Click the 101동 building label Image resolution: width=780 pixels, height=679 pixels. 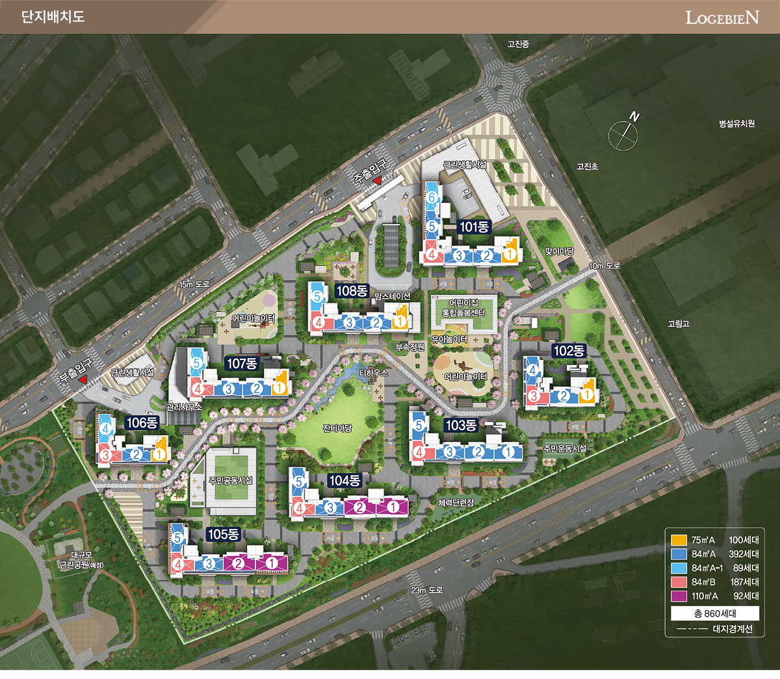(x=474, y=227)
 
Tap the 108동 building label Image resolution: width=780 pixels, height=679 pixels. (x=352, y=290)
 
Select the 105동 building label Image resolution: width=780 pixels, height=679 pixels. (x=223, y=534)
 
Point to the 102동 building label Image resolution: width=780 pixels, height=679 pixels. (x=569, y=351)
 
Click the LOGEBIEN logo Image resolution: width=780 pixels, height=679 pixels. (x=721, y=17)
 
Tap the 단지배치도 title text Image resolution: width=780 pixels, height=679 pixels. (x=53, y=17)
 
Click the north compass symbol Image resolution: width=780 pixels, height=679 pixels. (x=624, y=133)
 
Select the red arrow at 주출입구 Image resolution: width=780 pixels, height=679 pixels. (x=378, y=188)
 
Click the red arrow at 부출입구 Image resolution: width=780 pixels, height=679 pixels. (x=83, y=379)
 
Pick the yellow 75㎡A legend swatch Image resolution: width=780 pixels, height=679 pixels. (x=679, y=540)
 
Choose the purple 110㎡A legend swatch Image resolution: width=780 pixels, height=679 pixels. (x=679, y=596)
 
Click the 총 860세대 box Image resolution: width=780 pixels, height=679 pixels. (x=715, y=613)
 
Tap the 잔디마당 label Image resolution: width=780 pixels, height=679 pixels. (x=337, y=428)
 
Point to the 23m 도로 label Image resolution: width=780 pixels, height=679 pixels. (x=426, y=590)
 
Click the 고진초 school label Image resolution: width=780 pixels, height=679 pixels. (x=587, y=167)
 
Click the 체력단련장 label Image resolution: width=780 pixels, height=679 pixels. (x=456, y=502)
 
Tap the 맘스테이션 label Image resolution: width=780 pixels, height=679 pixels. (x=393, y=296)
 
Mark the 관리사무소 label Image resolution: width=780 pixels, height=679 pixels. (x=184, y=407)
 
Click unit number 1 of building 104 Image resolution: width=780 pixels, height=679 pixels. (x=393, y=507)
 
